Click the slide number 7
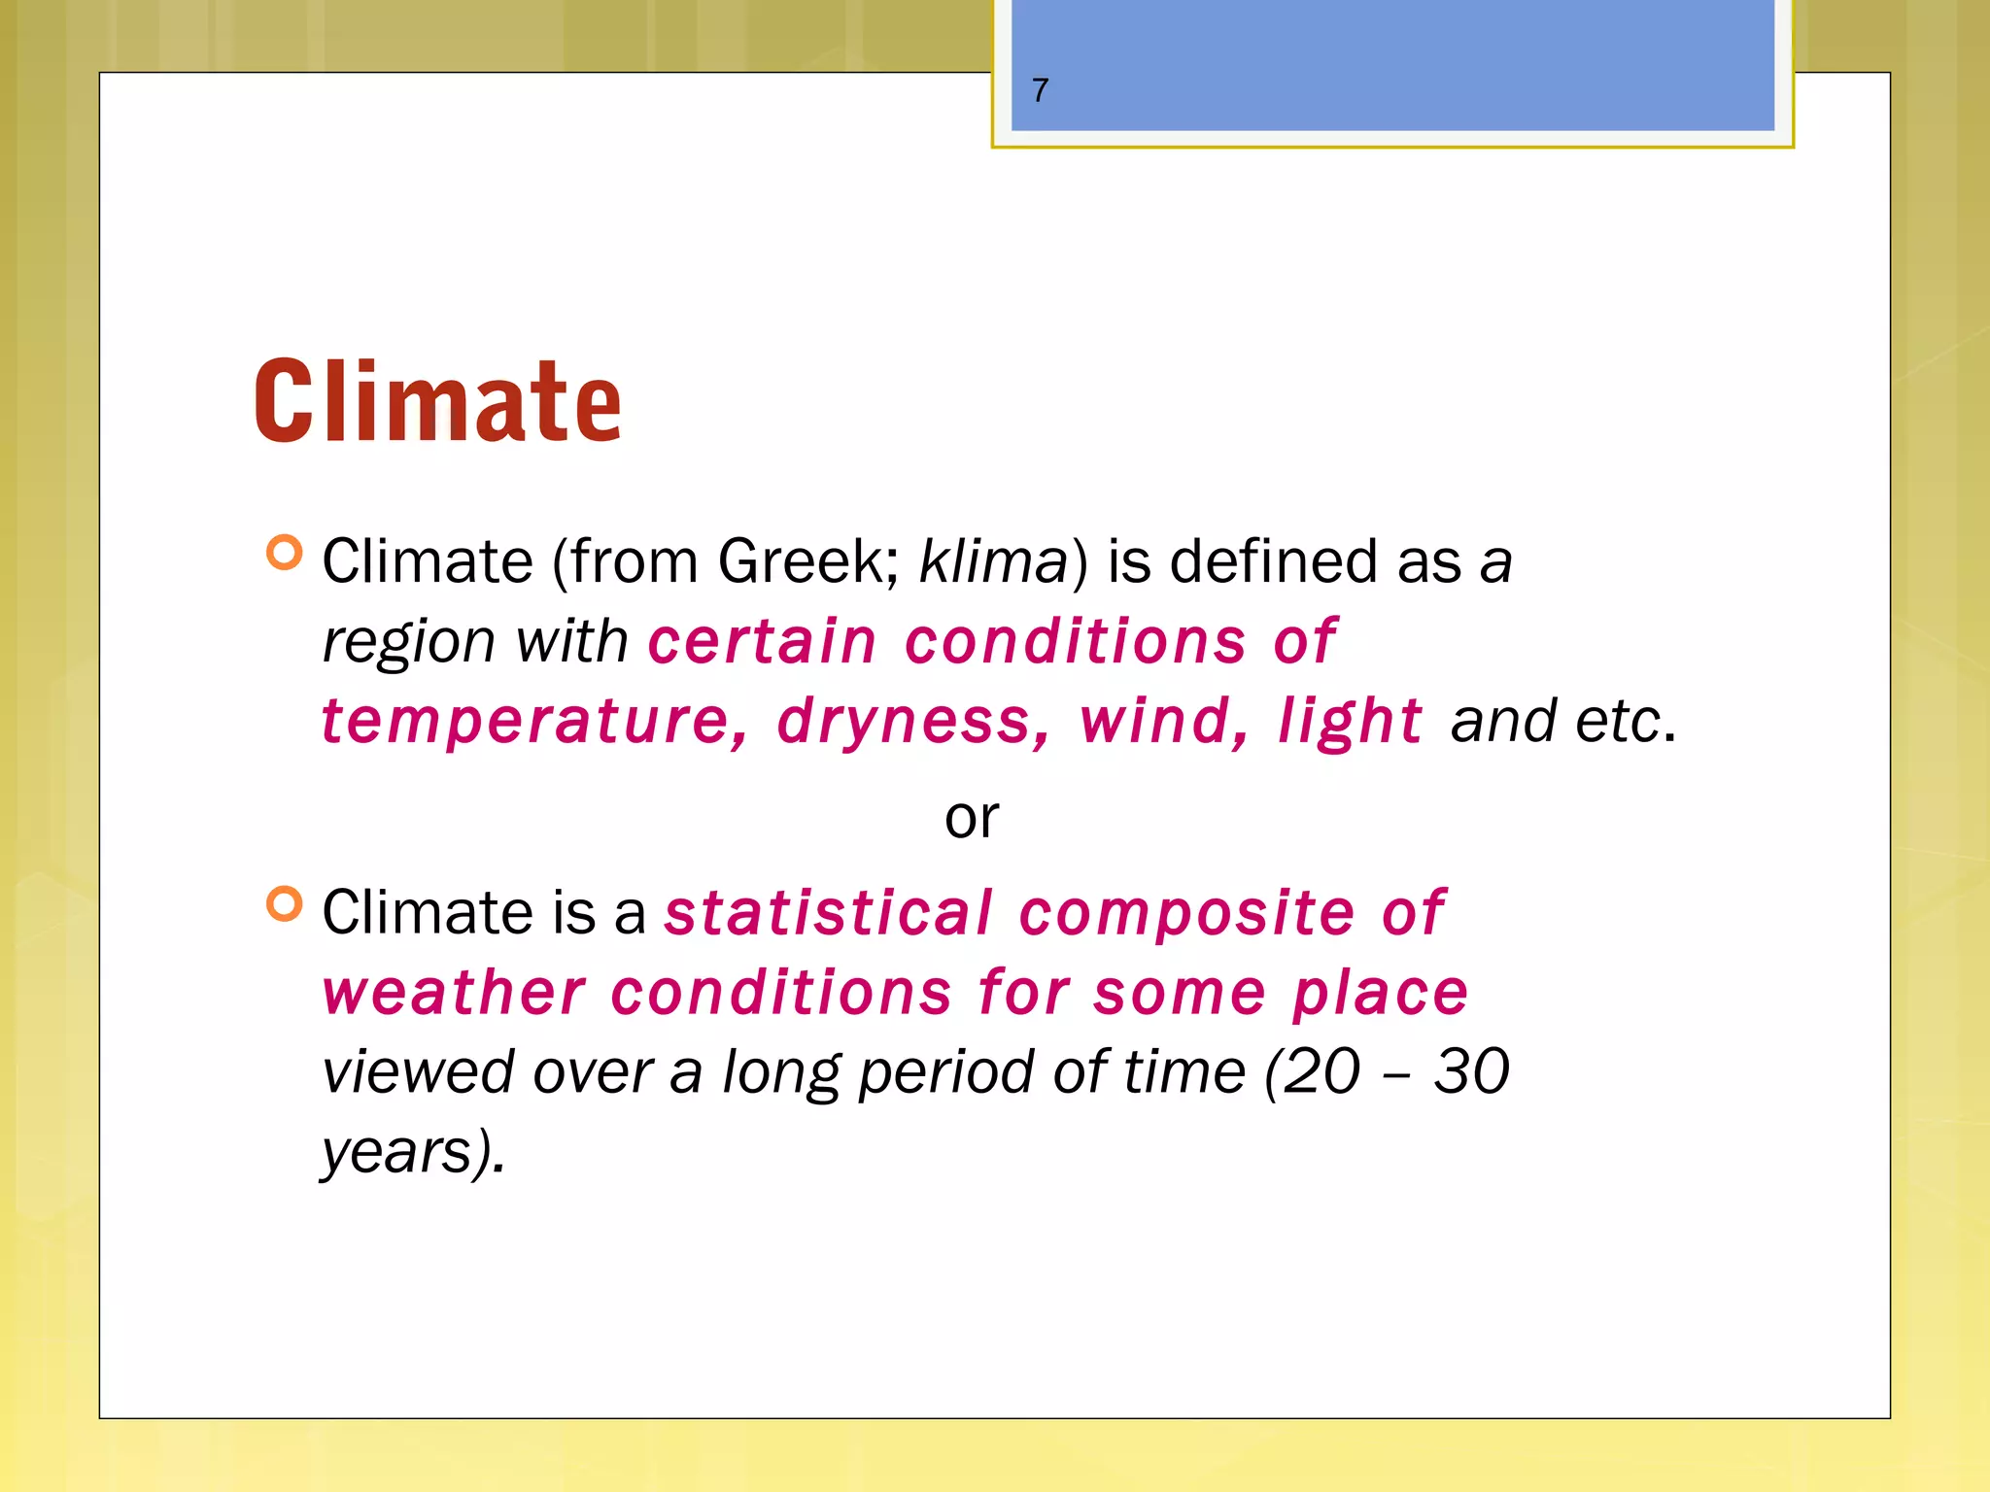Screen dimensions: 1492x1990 [x=1041, y=90]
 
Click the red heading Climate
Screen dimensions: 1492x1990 [x=437, y=400]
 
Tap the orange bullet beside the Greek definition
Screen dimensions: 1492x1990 [x=284, y=553]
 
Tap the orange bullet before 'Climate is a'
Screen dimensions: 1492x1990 [x=284, y=903]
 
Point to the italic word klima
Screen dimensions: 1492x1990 [x=993, y=561]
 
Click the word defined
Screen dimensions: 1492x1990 [x=1273, y=561]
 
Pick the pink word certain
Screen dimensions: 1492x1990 [x=763, y=642]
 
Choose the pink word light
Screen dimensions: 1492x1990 [x=1351, y=722]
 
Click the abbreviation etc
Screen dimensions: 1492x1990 [x=1618, y=722]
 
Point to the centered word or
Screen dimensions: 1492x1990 [x=972, y=818]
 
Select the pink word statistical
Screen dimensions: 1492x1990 [x=829, y=913]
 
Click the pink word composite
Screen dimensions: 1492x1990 [x=1186, y=913]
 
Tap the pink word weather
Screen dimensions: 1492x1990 [x=455, y=993]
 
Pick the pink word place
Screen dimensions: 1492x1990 [x=1380, y=993]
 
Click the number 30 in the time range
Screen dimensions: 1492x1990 [x=1471, y=1071]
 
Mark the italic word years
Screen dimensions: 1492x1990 [x=398, y=1152]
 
